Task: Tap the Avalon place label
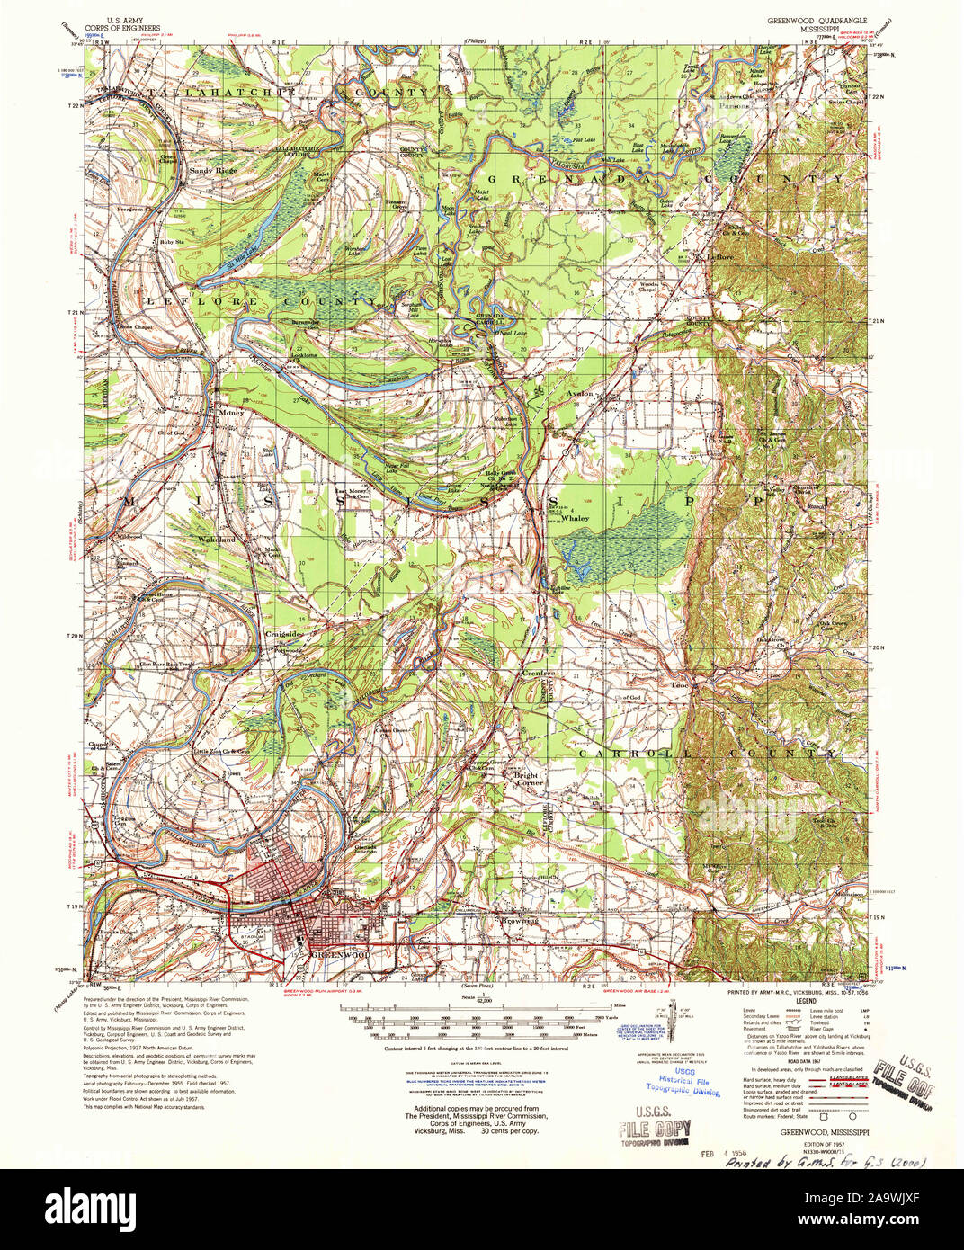click(579, 393)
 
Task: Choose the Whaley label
click(575, 518)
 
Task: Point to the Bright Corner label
click(527, 779)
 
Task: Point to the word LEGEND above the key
click(805, 1000)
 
